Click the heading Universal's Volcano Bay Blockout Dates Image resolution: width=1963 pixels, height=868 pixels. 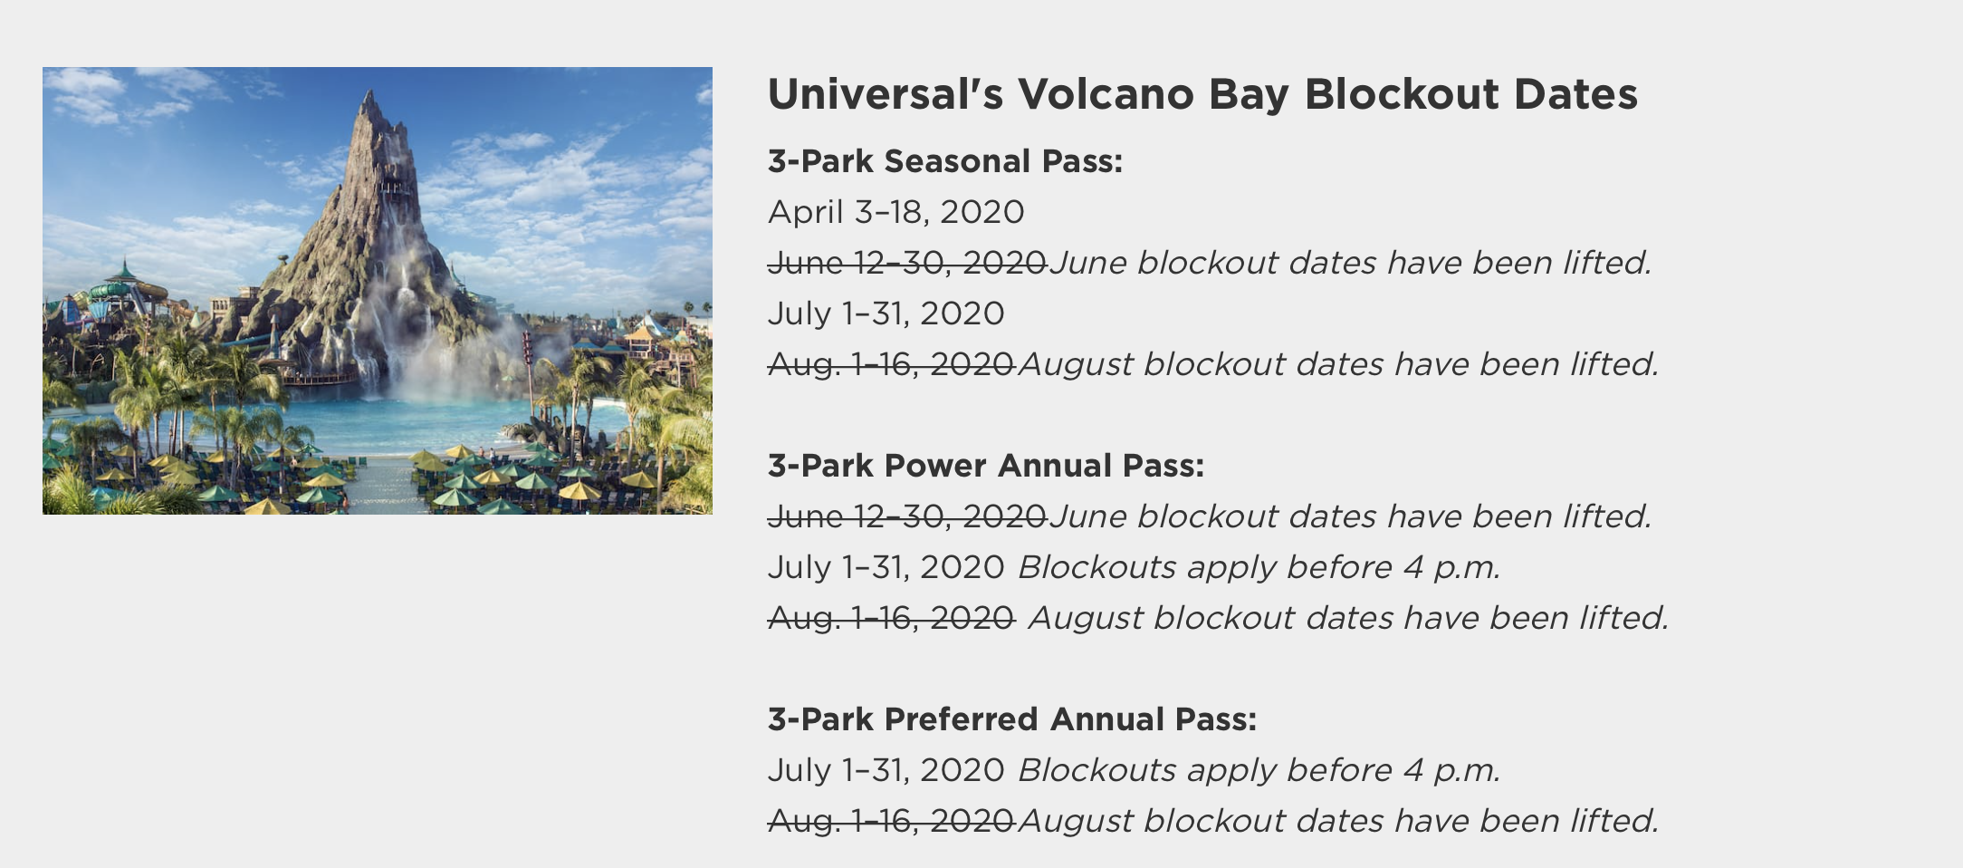point(1202,94)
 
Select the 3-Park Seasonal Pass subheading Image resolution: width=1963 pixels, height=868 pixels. point(945,161)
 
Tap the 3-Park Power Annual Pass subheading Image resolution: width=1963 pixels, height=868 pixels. point(986,466)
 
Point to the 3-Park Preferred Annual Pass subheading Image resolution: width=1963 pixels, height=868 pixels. point(1012,719)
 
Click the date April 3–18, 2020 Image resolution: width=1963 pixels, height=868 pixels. point(896,213)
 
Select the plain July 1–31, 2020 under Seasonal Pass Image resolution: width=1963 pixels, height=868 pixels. point(886,314)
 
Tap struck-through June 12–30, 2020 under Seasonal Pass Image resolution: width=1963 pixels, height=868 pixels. point(907,263)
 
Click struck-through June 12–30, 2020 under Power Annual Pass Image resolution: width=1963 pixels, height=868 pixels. point(907,516)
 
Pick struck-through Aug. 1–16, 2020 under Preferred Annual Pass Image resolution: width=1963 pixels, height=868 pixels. point(891,821)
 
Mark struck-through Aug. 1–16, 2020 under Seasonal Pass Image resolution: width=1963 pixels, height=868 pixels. point(891,364)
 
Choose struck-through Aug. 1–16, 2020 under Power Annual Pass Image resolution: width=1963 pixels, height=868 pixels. point(891,618)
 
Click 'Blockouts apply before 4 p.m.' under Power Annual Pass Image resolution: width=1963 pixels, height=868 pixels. point(1259,568)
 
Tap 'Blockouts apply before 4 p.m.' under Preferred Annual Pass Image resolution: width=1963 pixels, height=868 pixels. point(1259,771)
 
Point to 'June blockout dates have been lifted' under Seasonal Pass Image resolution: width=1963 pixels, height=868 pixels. point(1350,263)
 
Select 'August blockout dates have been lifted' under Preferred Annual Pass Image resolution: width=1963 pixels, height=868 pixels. point(1338,821)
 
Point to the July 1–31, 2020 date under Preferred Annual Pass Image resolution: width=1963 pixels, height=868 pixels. point(886,771)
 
